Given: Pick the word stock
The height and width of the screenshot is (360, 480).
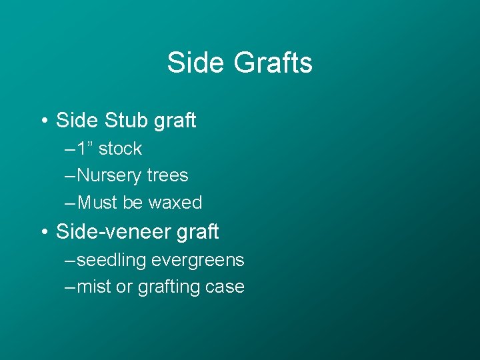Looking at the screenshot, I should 120,149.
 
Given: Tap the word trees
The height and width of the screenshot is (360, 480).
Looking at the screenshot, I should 167,176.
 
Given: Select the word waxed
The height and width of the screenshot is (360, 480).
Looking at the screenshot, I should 175,203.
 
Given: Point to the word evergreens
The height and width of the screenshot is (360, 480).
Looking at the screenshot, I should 198,261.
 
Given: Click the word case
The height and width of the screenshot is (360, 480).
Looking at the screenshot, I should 225,287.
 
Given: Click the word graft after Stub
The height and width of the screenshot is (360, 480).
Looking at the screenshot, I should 175,121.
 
